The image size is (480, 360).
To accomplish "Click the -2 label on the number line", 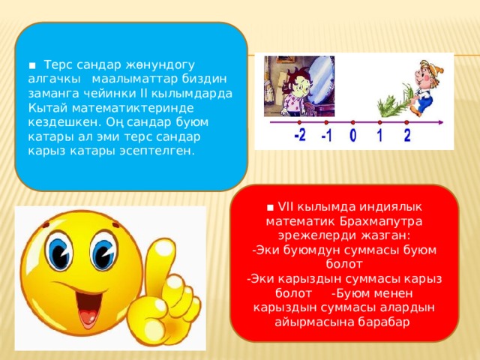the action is [x=300, y=135].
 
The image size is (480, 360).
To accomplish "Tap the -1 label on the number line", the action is [x=327, y=135].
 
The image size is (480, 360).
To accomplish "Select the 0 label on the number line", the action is [x=353, y=135].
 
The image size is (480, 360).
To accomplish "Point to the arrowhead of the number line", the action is [x=440, y=122].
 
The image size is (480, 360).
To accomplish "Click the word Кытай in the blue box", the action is [x=48, y=108].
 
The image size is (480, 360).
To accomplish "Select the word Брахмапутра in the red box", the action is [x=381, y=221].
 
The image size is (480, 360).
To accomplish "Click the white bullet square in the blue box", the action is [x=32, y=65].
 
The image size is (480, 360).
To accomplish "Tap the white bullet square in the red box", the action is [x=270, y=208].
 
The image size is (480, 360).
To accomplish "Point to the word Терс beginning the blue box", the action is [x=58, y=65].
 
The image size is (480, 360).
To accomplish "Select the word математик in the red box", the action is [x=300, y=221].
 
